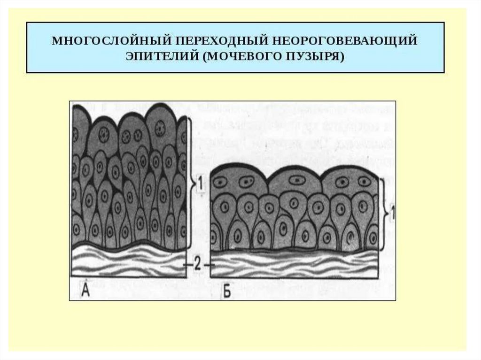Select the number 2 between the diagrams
198,265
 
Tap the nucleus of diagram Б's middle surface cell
296,179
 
